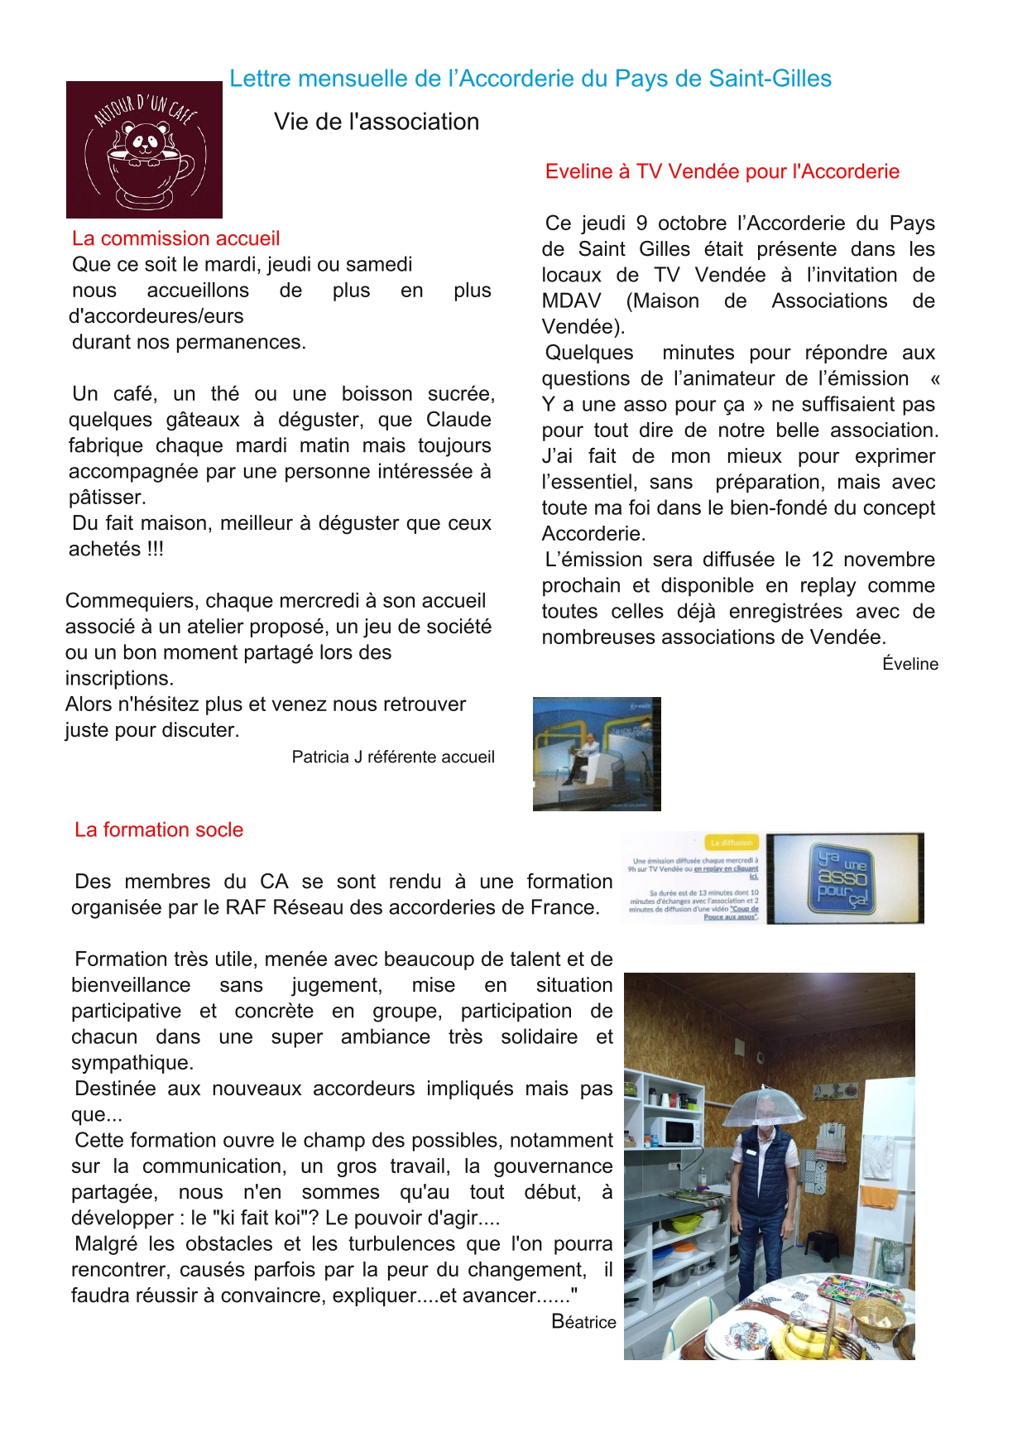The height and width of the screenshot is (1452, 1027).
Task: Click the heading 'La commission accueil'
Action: (175, 238)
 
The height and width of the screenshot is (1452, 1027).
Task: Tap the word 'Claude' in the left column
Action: (458, 420)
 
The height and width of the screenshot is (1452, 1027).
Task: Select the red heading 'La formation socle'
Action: (159, 829)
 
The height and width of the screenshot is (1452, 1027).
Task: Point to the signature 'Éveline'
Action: (909, 664)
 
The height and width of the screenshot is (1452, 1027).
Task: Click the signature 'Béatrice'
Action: (583, 1322)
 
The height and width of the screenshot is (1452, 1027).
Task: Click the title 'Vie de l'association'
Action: (377, 122)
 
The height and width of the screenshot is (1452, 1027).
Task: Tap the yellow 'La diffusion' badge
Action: (732, 843)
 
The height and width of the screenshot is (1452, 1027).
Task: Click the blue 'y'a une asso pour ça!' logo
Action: (843, 878)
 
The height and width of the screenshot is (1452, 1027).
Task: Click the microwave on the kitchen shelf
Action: (673, 1131)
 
